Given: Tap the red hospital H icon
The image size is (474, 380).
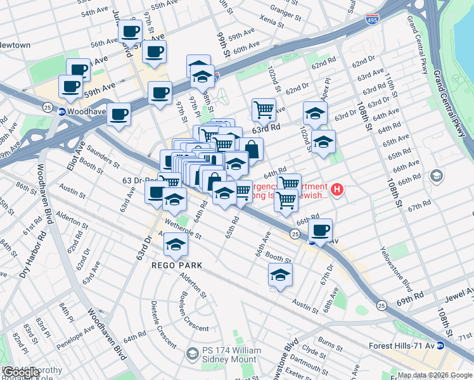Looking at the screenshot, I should tap(337, 189).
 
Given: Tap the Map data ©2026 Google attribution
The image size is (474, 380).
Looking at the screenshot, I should tap(435, 375).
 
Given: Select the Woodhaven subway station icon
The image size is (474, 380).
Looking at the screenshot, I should tap(62, 112).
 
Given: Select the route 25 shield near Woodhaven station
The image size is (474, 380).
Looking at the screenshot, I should tap(48, 108).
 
